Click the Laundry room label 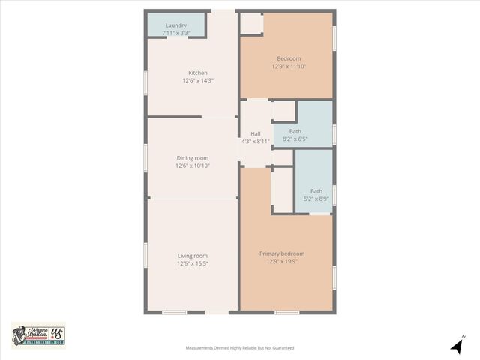click(176, 25)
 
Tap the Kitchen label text click(197, 73)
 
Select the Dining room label click(193, 158)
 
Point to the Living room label click(193, 256)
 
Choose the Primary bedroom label click(282, 253)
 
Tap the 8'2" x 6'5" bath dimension click(295, 139)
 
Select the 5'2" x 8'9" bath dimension click(316, 199)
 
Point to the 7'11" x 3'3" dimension click(176, 33)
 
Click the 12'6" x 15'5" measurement click(193, 263)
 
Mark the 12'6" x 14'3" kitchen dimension click(197, 80)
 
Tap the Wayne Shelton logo click(38, 335)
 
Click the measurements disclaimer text click(240, 348)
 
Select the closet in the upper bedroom click(251, 24)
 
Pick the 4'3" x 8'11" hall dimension click(255, 142)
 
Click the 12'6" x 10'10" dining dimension click(193, 166)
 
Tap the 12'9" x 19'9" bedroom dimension click(282, 261)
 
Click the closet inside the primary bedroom click(282, 190)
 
